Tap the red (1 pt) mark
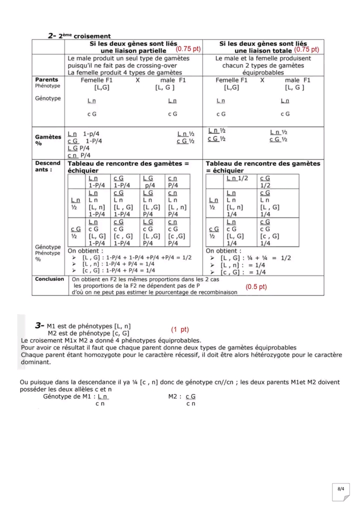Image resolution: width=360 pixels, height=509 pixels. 179,329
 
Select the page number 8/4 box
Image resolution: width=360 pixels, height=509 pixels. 340,488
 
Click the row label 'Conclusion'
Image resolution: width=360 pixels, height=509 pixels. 49,279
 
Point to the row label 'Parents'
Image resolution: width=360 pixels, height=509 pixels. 46,79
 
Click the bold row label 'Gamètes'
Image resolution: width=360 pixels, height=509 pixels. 48,136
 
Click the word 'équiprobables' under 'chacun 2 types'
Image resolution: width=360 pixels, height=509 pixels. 263,72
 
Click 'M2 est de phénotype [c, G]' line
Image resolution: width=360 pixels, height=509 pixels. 88,332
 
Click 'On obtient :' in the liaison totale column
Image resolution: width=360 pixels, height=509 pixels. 223,250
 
